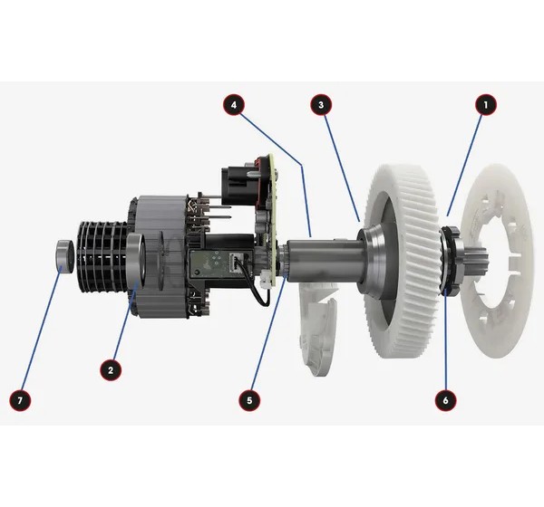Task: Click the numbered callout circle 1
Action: point(486,105)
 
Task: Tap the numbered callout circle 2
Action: point(111,369)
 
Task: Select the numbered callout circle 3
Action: point(321,105)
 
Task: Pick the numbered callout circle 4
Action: point(234,105)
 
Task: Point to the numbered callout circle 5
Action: point(249,400)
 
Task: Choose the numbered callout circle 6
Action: point(445,400)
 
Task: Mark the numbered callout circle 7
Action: point(20,400)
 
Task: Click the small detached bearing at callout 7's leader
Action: point(64,256)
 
